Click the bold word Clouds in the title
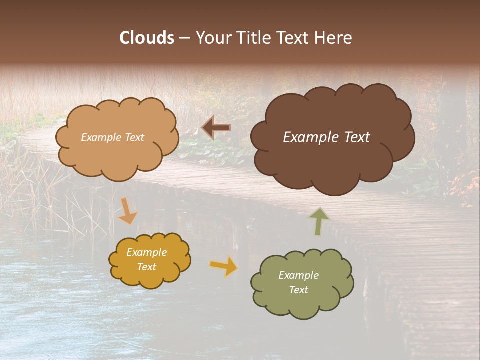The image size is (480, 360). [x=147, y=38]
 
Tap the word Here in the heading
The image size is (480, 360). [x=333, y=38]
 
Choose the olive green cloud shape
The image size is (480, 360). [x=302, y=305]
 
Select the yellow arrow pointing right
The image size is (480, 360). [x=224, y=266]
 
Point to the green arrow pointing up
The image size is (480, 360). [x=319, y=221]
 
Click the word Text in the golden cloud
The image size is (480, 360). [x=147, y=267]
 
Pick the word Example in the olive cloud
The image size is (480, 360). [x=298, y=275]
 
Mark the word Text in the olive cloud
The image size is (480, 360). [x=298, y=290]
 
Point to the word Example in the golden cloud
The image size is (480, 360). [x=147, y=252]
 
